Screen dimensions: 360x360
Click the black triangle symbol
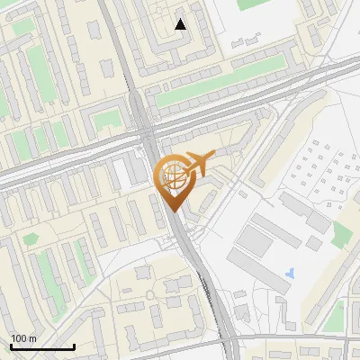(x=180, y=24)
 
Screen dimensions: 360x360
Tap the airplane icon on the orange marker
(x=198, y=164)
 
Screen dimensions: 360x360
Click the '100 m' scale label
(x=23, y=338)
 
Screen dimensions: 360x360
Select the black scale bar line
(x=41, y=346)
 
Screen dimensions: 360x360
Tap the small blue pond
(x=288, y=272)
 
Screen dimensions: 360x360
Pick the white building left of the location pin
(x=121, y=175)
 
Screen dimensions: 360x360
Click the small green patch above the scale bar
(x=31, y=239)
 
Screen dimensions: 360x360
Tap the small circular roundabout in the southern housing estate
(x=173, y=286)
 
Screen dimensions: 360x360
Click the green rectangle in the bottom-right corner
(x=336, y=315)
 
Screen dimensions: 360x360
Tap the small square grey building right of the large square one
(x=313, y=243)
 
